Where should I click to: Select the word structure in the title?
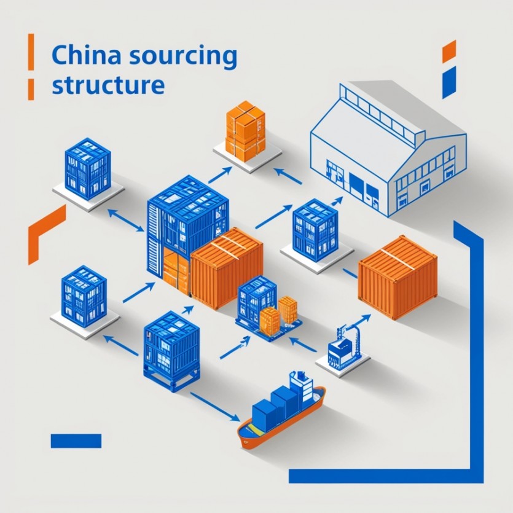(x=108, y=84)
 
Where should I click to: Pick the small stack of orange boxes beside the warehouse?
(x=245, y=131)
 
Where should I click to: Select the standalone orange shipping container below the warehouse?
(x=398, y=278)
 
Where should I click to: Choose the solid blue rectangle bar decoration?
(x=76, y=441)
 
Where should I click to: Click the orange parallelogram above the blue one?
(x=448, y=51)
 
